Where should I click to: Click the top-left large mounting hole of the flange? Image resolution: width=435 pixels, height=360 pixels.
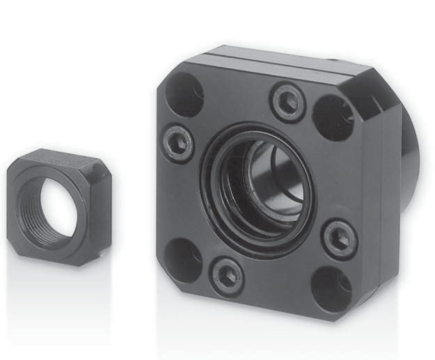click(184, 93)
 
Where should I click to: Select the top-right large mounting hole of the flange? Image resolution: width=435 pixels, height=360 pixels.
click(333, 117)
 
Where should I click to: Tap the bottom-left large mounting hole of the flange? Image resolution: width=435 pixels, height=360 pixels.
click(182, 260)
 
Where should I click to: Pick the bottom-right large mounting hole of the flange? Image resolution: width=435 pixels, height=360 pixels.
click(331, 288)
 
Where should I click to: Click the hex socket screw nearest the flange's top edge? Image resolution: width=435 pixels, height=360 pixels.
click(287, 102)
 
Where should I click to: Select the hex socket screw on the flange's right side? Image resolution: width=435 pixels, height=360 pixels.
click(340, 239)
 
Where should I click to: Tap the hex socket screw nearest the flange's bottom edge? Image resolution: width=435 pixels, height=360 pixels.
click(228, 276)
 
